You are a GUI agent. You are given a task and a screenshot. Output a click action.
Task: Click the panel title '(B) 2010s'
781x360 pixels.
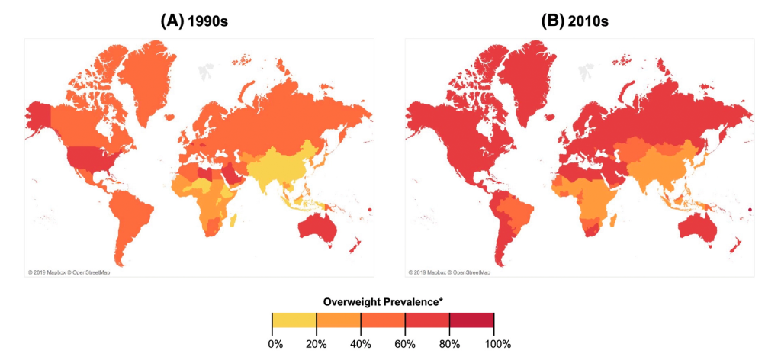pyautogui.click(x=574, y=21)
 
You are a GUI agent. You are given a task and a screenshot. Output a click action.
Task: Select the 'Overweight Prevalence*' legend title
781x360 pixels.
pyautogui.click(x=382, y=302)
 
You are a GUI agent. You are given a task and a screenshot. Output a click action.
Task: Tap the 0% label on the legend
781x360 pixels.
pyautogui.click(x=275, y=344)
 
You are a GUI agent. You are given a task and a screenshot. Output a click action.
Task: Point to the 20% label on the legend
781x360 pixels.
pyautogui.click(x=317, y=344)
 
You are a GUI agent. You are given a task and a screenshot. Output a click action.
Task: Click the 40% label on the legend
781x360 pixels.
pyautogui.click(x=361, y=344)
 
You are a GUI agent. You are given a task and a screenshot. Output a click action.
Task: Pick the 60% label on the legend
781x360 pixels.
pyautogui.click(x=405, y=344)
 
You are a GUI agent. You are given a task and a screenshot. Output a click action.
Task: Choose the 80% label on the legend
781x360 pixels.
pyautogui.click(x=449, y=344)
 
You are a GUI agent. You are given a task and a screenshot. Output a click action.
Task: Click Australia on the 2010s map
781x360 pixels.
pyautogui.click(x=697, y=227)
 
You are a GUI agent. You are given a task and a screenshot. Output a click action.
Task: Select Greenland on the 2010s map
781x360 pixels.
pyautogui.click(x=524, y=72)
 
